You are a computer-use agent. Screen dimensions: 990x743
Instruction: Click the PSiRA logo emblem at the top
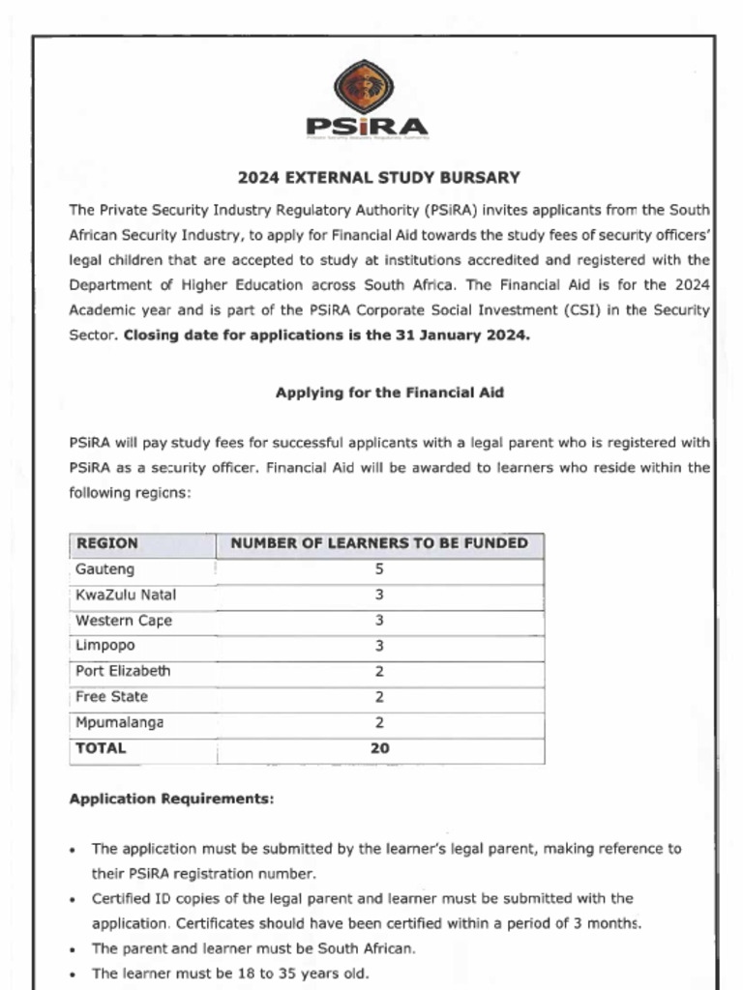coord(364,87)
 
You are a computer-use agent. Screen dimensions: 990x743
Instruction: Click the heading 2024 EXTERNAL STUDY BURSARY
coord(379,178)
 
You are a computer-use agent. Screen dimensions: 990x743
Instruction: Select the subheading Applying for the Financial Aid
coord(390,393)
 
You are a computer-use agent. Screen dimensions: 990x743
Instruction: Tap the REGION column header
coord(106,543)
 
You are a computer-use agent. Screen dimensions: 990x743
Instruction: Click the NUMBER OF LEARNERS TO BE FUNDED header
coord(379,543)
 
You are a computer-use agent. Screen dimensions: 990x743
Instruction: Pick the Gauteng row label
coord(104,569)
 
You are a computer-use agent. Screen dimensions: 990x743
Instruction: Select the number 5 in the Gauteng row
coord(379,569)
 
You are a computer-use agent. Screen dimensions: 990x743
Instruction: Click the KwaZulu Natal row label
coord(126,595)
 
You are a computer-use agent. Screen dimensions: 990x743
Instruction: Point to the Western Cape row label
coord(124,621)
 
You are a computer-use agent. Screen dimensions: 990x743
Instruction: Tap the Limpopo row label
coord(105,645)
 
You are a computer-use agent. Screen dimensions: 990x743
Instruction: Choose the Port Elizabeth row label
coord(123,671)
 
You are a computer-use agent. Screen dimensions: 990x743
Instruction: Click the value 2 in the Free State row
coord(379,697)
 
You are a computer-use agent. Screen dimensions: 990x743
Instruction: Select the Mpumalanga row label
coord(119,722)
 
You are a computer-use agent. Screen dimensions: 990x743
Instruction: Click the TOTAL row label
coord(101,748)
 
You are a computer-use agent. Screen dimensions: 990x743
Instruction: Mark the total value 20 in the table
coord(379,748)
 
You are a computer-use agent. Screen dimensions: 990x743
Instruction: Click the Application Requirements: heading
coord(171,800)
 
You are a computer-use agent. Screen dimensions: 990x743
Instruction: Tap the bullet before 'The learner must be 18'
coord(74,975)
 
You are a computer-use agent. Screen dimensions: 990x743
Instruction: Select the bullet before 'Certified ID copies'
coord(74,899)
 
